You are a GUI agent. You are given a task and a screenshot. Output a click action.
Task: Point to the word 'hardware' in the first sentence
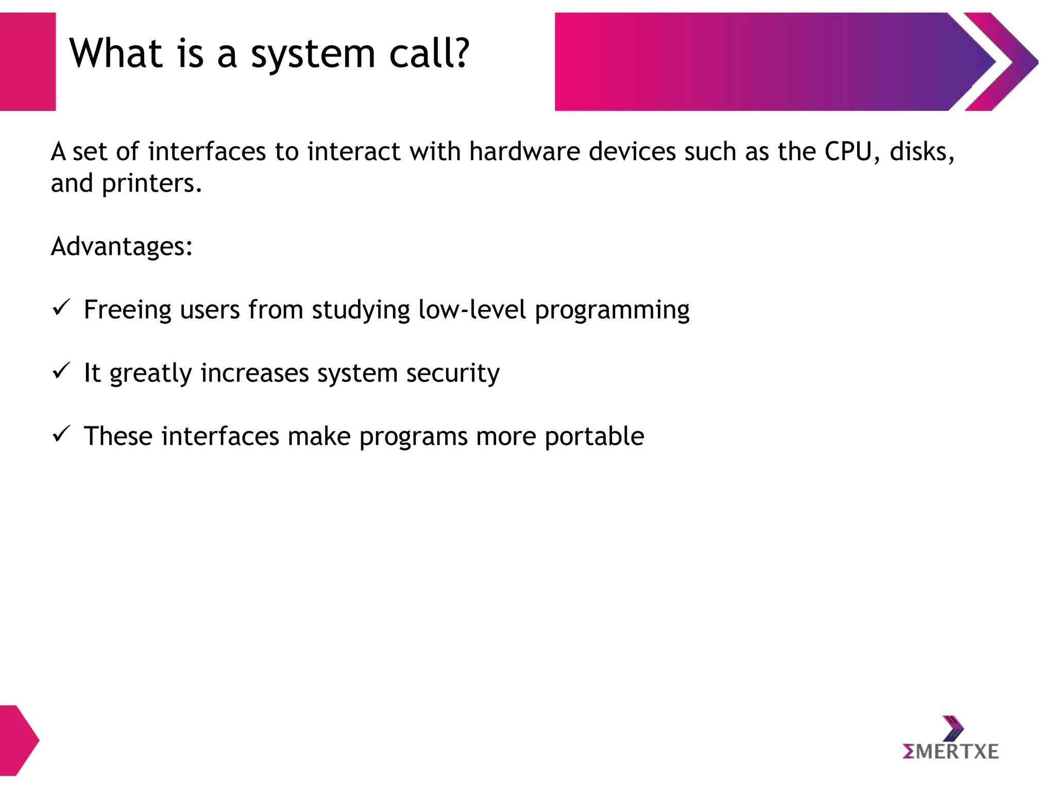click(524, 151)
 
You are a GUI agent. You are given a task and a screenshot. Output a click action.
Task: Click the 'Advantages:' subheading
click(122, 247)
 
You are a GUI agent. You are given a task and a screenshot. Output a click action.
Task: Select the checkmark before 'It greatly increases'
click(61, 370)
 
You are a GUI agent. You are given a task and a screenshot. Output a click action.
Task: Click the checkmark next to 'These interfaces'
click(61, 434)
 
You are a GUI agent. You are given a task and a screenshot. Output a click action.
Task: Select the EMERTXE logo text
click(950, 752)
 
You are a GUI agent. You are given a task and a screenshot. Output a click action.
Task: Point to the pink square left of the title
click(27, 62)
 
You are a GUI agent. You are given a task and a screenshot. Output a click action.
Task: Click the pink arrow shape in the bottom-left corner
click(18, 740)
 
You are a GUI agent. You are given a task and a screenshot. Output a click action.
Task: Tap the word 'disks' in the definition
click(921, 151)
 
